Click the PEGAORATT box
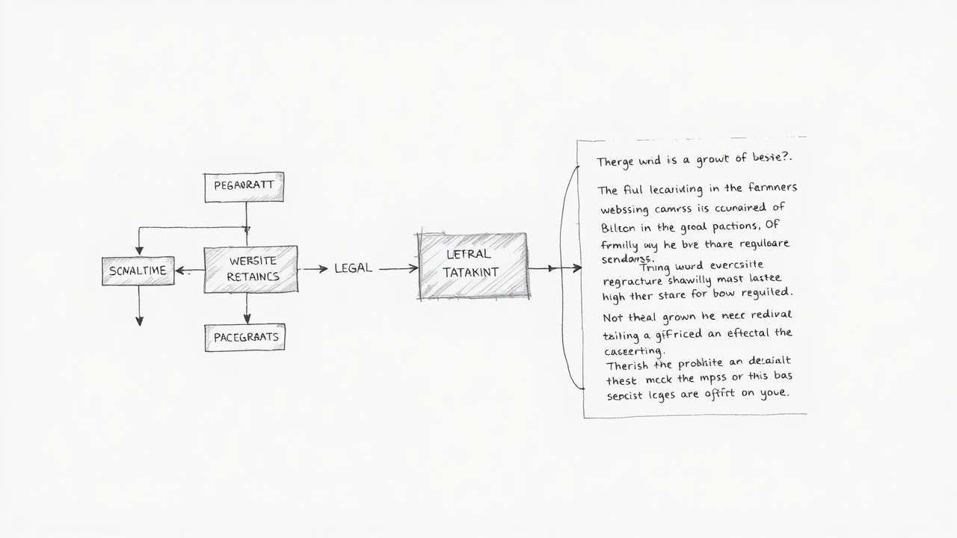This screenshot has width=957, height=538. click(x=244, y=187)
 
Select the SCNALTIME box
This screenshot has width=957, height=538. click(x=138, y=270)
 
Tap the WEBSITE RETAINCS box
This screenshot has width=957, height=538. click(x=251, y=269)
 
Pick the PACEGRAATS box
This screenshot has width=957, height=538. click(x=245, y=337)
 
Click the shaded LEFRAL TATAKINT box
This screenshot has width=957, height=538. click(x=473, y=265)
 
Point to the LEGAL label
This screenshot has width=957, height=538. click(x=353, y=268)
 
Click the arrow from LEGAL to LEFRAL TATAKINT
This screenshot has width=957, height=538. click(x=398, y=268)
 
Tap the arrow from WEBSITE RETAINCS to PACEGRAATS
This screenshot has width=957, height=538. click(x=247, y=309)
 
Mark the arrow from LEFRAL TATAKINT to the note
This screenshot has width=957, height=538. click(x=555, y=268)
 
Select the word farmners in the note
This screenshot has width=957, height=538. click(x=769, y=188)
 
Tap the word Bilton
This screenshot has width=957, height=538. click(x=618, y=226)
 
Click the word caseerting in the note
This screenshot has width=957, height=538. click(x=633, y=350)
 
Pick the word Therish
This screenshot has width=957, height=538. click(x=628, y=365)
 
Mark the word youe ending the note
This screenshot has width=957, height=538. click(x=774, y=393)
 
